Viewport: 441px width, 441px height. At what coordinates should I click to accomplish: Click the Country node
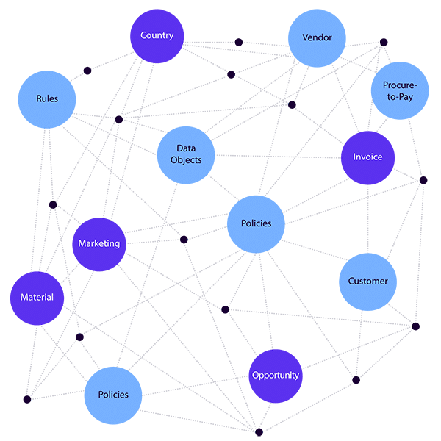pyautogui.click(x=157, y=35)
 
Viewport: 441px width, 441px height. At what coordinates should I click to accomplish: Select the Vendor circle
pyautogui.click(x=317, y=38)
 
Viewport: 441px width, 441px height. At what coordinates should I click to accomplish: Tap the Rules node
pyautogui.click(x=47, y=98)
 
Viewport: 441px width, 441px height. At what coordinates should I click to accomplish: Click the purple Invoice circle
pyautogui.click(x=367, y=158)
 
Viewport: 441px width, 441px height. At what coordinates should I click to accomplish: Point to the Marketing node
pyautogui.click(x=99, y=244)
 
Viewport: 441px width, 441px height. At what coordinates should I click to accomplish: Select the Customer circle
pyautogui.click(x=367, y=282)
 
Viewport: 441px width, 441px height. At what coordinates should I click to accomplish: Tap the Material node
pyautogui.click(x=37, y=298)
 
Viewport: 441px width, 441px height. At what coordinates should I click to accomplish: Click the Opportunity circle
pyautogui.click(x=276, y=376)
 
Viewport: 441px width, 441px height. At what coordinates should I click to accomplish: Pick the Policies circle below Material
pyautogui.click(x=112, y=395)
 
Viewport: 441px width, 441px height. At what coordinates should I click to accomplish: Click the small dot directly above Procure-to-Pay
pyautogui.click(x=383, y=41)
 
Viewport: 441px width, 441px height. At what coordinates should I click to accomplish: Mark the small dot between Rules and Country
pyautogui.click(x=87, y=71)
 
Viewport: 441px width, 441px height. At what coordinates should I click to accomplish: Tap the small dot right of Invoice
pyautogui.click(x=423, y=180)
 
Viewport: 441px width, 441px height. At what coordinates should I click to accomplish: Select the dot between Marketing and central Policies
pyautogui.click(x=184, y=239)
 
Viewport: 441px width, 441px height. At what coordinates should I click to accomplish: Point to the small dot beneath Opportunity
pyautogui.click(x=258, y=431)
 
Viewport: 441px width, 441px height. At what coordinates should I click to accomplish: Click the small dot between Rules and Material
pyautogui.click(x=52, y=204)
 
